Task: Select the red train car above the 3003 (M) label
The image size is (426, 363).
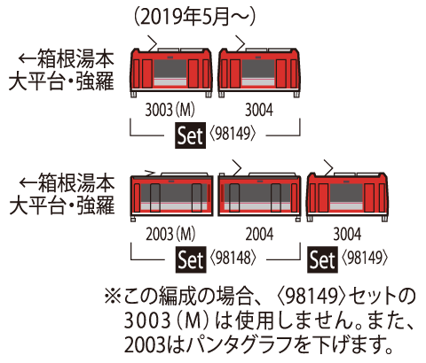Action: pyautogui.click(x=172, y=70)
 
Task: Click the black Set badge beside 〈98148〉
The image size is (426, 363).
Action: pyautogui.click(x=189, y=260)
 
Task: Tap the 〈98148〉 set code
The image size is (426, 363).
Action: pyautogui.click(x=233, y=260)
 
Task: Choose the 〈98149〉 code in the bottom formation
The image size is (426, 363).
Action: pyautogui.click(x=365, y=260)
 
